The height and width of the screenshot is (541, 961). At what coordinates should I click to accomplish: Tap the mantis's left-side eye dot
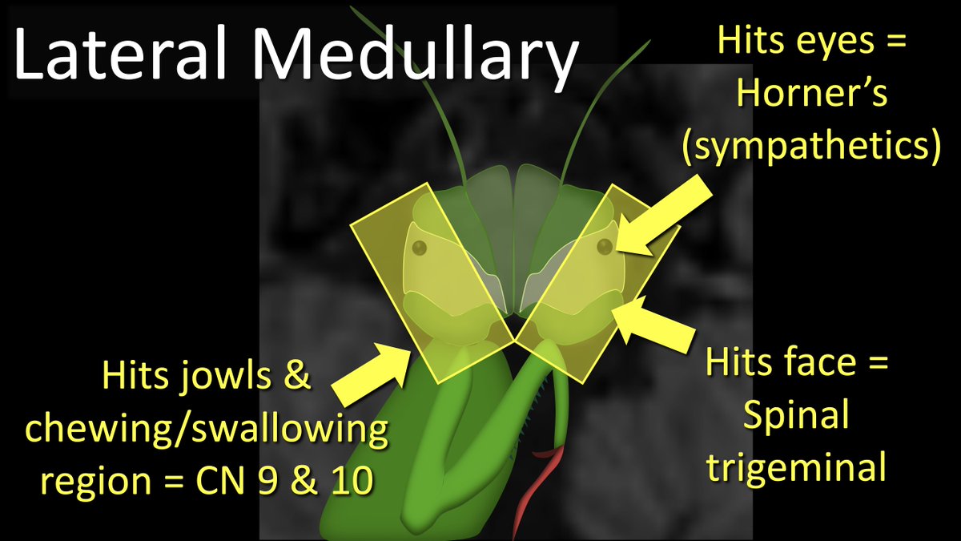point(417,248)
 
